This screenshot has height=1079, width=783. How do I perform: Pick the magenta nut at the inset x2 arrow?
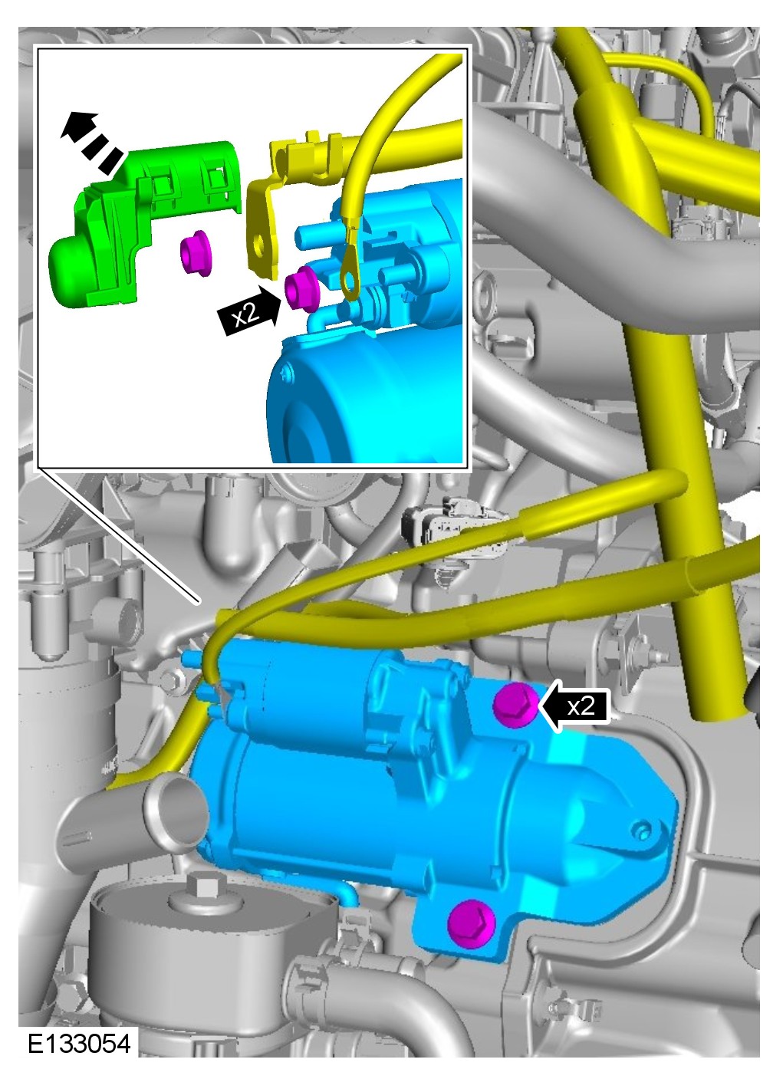(x=301, y=289)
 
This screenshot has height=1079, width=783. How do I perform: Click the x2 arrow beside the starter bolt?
(x=574, y=706)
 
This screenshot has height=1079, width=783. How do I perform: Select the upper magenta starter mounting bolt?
(x=515, y=704)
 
